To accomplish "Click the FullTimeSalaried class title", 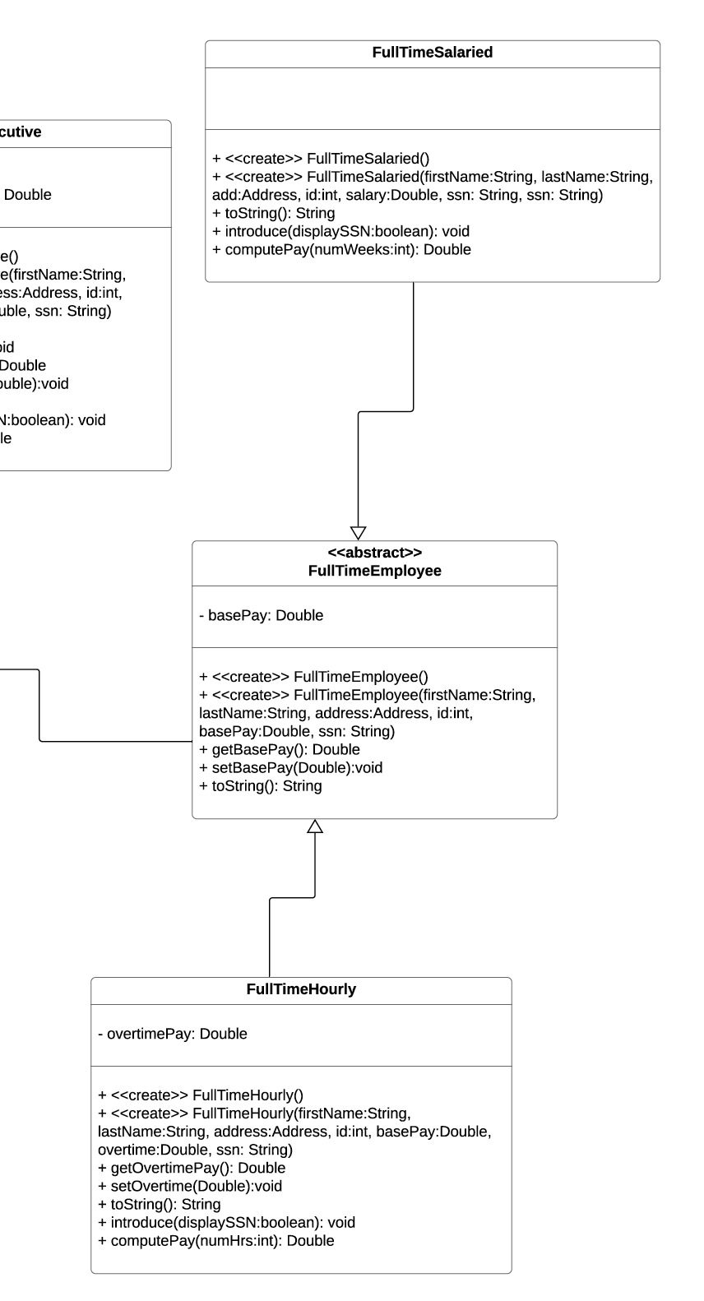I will click(x=432, y=53).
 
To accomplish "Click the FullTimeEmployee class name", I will click(x=374, y=571).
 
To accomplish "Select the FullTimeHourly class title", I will click(x=301, y=989).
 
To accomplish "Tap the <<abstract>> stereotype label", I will click(x=374, y=553).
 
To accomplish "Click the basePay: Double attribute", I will click(x=261, y=615).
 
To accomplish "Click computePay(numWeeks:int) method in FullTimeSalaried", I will click(x=341, y=249).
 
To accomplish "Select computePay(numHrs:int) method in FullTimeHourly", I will click(x=215, y=1240).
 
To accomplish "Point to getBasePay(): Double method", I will click(x=279, y=749).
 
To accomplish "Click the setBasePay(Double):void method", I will click(x=290, y=767).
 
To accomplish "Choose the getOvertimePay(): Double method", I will click(x=191, y=1168).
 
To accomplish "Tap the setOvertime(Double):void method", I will click(x=189, y=1186).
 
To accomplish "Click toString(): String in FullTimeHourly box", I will click(x=159, y=1204).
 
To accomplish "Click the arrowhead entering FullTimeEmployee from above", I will click(x=358, y=533).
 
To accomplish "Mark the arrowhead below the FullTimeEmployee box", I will click(x=315, y=826).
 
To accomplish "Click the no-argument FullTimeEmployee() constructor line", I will click(x=313, y=677).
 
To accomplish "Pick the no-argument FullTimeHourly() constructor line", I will click(x=200, y=1095).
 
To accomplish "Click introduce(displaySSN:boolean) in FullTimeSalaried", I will click(x=340, y=231).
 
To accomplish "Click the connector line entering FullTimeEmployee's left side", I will click(x=115, y=742).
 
